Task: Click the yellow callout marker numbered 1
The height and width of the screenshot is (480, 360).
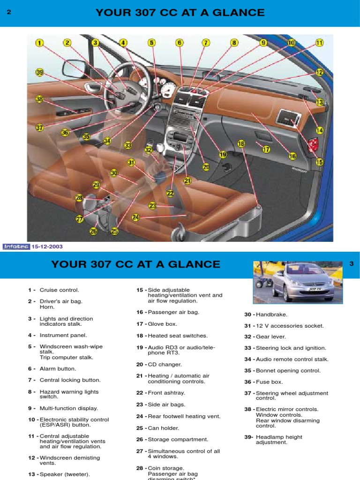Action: (x=39, y=43)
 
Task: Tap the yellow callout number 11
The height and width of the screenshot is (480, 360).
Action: (x=319, y=43)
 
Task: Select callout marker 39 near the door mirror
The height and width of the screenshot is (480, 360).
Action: (x=39, y=73)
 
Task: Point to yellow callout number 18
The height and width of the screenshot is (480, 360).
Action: (x=241, y=143)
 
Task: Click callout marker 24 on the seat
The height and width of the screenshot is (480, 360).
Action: (x=135, y=217)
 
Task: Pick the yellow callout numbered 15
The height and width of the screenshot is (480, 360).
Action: (x=319, y=162)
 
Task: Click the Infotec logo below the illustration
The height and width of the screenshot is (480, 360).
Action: (x=16, y=247)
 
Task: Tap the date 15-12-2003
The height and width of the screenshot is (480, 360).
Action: (x=47, y=247)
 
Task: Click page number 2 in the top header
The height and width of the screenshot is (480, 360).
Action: (x=9, y=12)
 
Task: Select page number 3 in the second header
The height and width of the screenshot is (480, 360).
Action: (x=352, y=263)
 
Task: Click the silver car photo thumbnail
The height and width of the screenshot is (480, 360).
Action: (x=298, y=282)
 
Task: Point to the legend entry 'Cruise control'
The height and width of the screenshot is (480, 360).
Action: (x=60, y=290)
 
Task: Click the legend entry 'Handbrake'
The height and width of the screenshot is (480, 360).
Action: (x=271, y=315)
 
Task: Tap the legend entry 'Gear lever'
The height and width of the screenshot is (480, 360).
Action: (x=271, y=337)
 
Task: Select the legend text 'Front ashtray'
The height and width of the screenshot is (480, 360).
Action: (x=166, y=393)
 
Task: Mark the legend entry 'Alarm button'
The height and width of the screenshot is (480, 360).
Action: (x=58, y=368)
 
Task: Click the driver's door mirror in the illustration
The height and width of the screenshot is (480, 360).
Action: (x=75, y=68)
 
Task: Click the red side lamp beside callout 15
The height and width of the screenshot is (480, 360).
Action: (x=313, y=145)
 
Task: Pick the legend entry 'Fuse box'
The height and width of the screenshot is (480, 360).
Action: (x=270, y=382)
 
